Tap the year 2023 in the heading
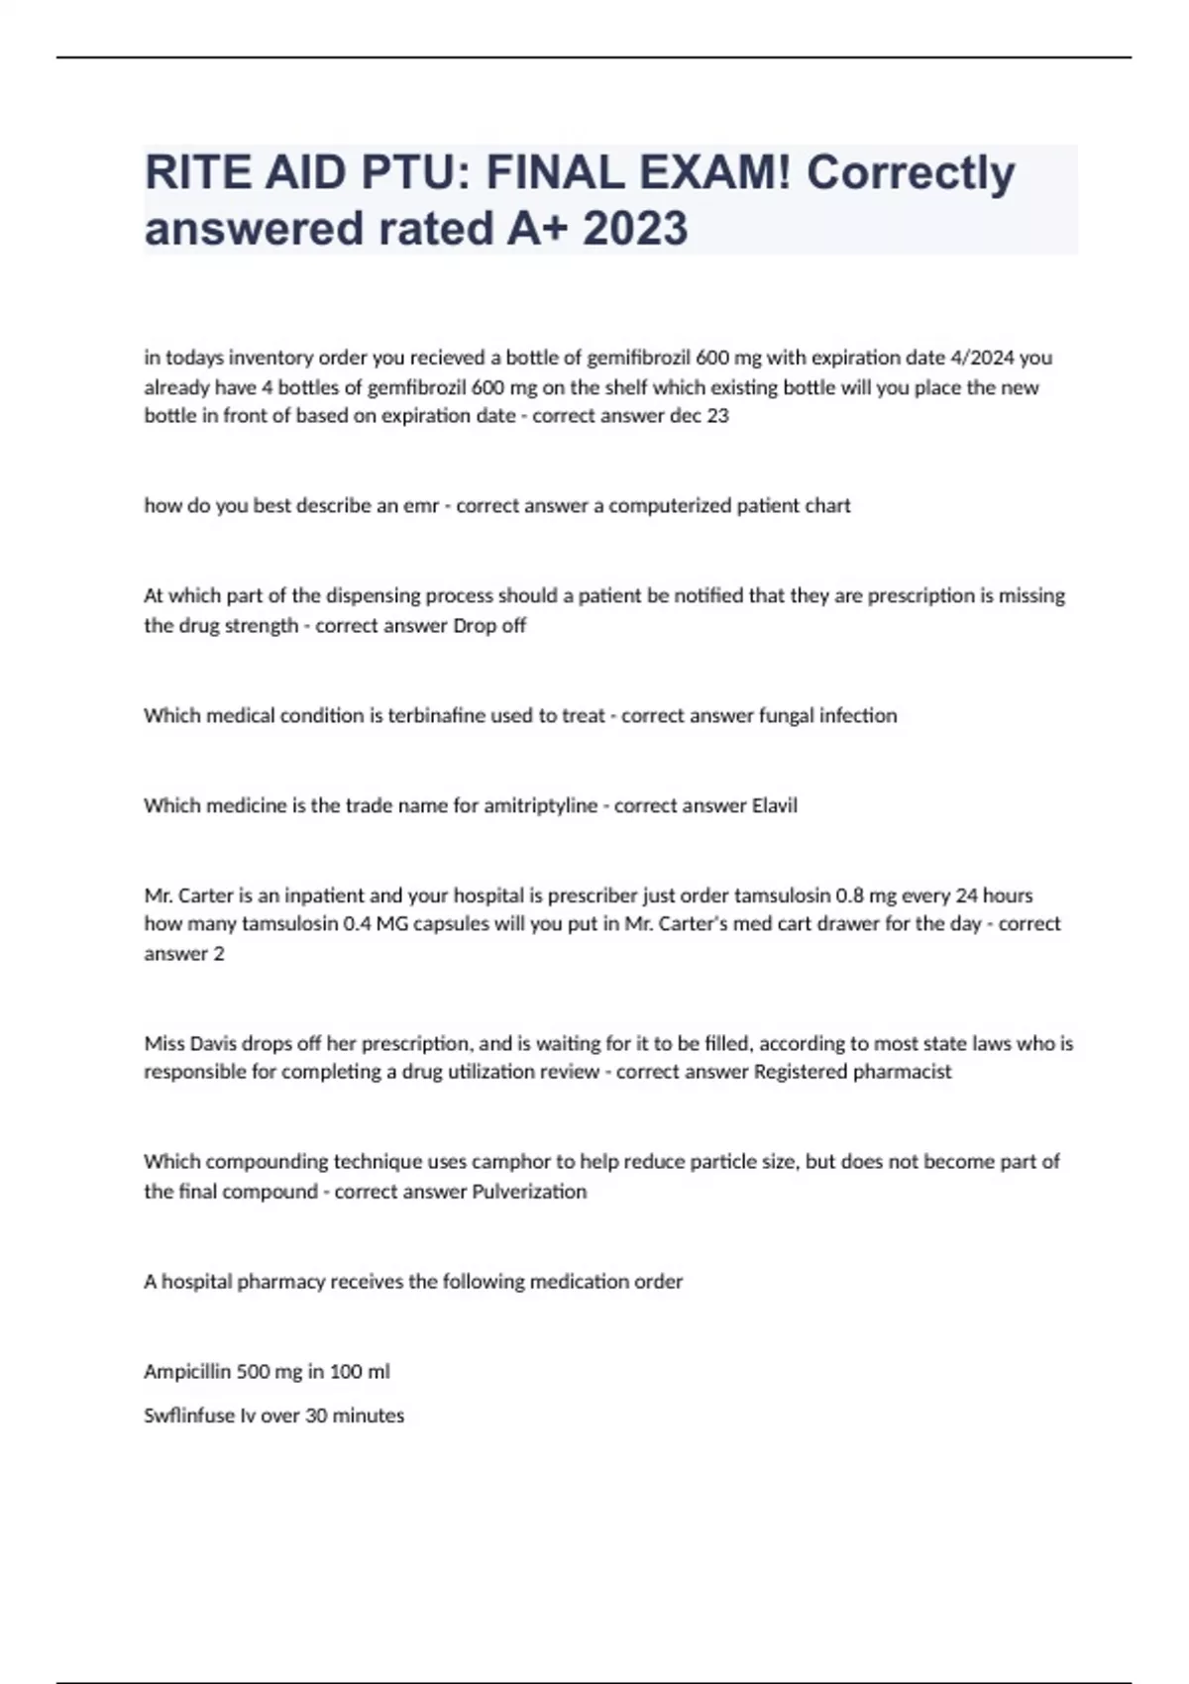(x=635, y=229)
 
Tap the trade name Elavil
(x=774, y=805)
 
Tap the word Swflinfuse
(x=189, y=1416)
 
